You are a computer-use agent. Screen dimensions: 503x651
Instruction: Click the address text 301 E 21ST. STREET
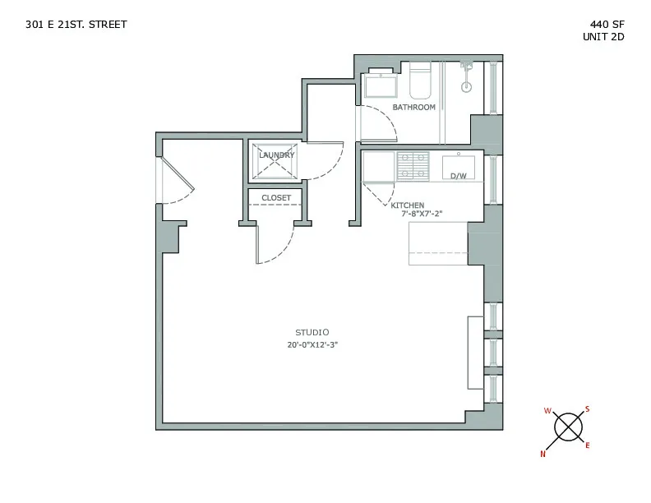[x=76, y=25]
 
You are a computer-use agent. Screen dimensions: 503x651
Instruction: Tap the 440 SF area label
[x=604, y=25]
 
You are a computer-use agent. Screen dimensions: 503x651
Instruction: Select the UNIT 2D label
[x=603, y=38]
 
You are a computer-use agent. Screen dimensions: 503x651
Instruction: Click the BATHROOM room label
[x=413, y=108]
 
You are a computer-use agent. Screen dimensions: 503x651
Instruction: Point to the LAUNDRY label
[x=276, y=155]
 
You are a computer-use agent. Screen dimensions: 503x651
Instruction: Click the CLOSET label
[x=276, y=198]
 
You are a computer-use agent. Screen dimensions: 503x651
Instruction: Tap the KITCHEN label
[x=407, y=205]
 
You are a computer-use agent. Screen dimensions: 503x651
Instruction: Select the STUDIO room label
[x=313, y=332]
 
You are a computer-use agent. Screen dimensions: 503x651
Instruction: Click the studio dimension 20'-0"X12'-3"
[x=313, y=345]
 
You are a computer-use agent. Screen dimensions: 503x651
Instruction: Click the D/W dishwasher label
[x=458, y=176]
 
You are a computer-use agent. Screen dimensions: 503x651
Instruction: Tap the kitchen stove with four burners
[x=413, y=166]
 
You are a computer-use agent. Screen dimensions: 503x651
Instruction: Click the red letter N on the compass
[x=542, y=453]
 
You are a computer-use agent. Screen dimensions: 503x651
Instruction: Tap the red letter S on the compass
[x=587, y=409]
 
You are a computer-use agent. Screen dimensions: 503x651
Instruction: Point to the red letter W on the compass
[x=547, y=411]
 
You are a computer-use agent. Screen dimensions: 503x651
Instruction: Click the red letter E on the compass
[x=587, y=445]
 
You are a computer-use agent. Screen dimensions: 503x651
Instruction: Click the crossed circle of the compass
[x=567, y=427]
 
